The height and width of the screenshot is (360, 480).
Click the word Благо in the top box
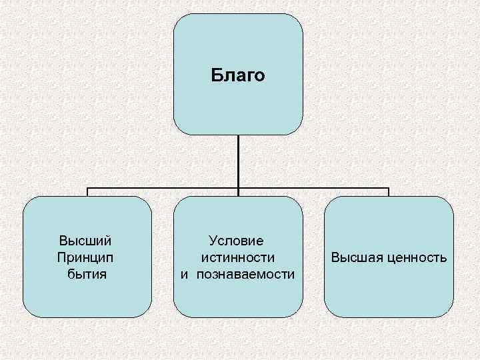pos(238,75)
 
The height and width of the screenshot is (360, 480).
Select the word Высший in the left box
pos(85,240)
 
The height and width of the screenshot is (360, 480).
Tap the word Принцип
pos(85,257)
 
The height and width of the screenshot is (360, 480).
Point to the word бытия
pos(87,273)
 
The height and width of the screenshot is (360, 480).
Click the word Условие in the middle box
pos(236,240)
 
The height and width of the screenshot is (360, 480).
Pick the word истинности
pos(237,257)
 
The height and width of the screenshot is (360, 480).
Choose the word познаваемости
pos(245,273)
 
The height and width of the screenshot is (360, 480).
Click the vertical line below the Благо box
pos(238,160)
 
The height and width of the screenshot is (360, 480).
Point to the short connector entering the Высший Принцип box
pos(88,192)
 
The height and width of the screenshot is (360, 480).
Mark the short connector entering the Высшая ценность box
pos(389,192)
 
